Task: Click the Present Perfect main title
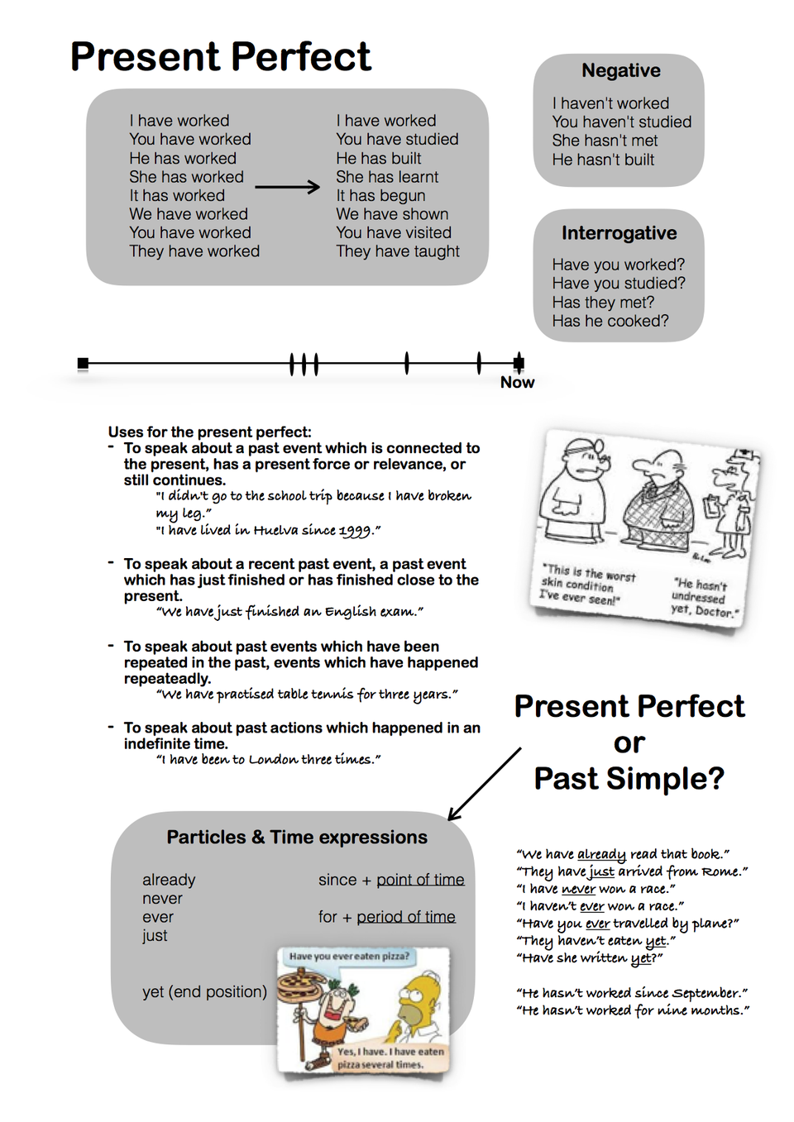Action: [221, 57]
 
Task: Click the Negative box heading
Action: [620, 71]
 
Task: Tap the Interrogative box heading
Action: [619, 233]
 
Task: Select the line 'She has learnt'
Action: [387, 177]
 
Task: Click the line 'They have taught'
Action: [397, 251]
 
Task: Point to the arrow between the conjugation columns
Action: [287, 187]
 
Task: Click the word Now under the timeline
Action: [517, 382]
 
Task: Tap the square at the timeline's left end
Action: [83, 363]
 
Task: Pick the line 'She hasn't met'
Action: [605, 141]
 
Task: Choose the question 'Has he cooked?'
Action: [610, 321]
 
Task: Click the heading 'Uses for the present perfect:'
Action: [209, 432]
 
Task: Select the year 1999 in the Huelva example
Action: [355, 531]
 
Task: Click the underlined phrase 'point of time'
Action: [420, 880]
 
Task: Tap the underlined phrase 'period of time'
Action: [406, 917]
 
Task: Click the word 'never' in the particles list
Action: [162, 899]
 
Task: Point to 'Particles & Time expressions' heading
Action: [297, 838]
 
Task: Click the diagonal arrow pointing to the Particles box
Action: [485, 784]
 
